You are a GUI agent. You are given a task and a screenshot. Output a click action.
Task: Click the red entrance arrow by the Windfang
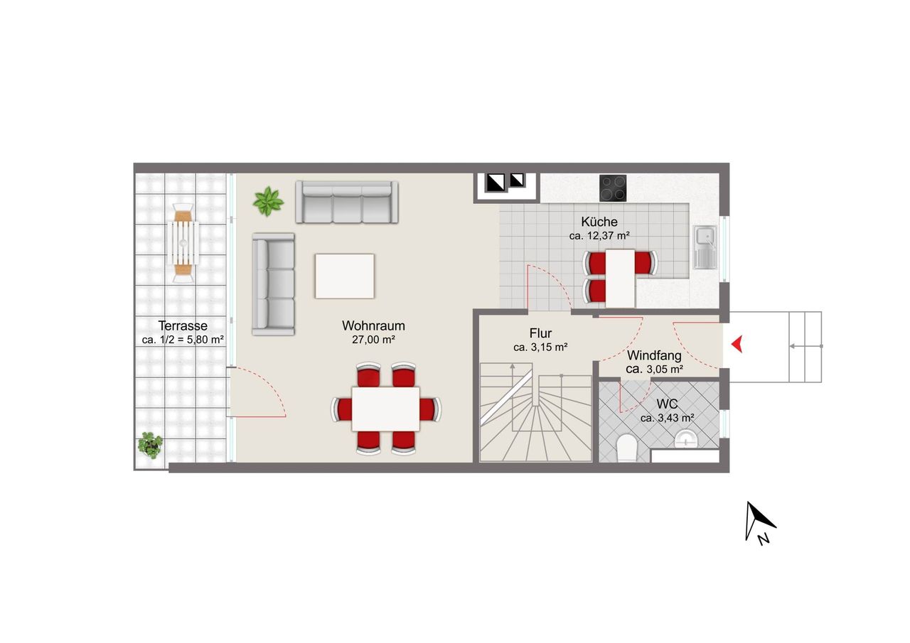click(x=737, y=344)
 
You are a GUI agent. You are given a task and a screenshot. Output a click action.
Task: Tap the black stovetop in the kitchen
click(x=613, y=188)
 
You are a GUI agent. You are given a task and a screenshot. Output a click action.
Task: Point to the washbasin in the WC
click(x=686, y=439)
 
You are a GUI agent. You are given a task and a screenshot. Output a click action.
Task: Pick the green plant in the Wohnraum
click(x=268, y=201)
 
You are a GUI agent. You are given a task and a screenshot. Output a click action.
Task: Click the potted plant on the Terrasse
click(x=150, y=445)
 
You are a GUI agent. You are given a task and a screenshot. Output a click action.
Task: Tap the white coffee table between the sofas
click(x=345, y=276)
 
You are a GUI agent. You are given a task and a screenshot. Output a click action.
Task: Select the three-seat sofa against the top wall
click(x=346, y=202)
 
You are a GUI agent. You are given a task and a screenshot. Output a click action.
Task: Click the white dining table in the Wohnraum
click(x=385, y=409)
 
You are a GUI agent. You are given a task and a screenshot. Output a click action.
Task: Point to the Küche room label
click(x=599, y=222)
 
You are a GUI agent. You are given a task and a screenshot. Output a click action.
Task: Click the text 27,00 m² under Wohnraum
click(x=373, y=340)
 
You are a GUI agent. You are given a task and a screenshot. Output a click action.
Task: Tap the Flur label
click(x=540, y=333)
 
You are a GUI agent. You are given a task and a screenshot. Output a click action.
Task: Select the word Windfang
click(x=654, y=355)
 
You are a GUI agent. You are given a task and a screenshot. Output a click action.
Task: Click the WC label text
click(x=667, y=404)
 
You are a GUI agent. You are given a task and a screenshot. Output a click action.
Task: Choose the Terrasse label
click(x=183, y=325)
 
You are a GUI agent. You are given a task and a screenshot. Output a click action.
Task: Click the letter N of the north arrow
click(x=764, y=539)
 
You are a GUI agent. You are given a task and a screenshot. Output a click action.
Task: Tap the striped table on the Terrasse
click(x=183, y=243)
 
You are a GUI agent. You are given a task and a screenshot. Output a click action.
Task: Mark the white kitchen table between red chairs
click(x=620, y=278)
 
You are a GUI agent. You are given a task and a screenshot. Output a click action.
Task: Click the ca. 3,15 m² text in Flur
click(x=540, y=347)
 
